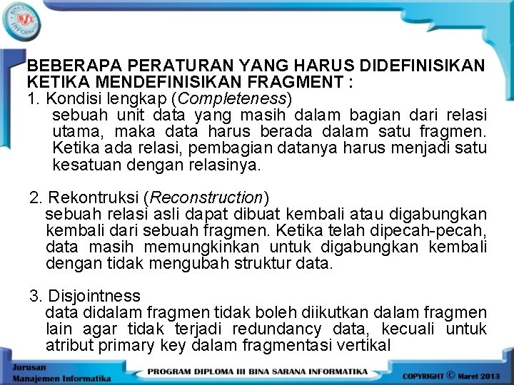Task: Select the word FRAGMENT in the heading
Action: point(305,82)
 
